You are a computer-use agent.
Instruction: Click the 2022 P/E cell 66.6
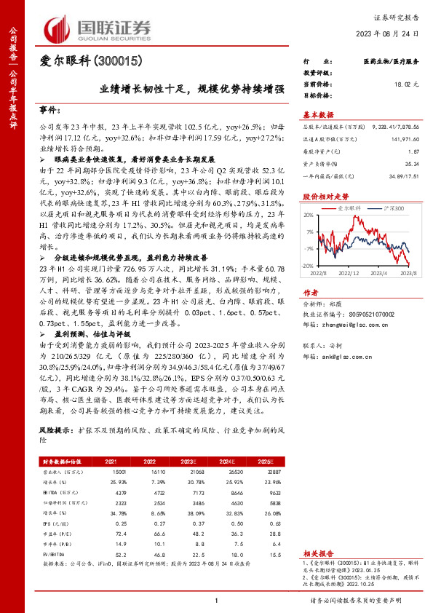tap(149, 534)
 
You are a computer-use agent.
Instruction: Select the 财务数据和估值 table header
tap(61, 461)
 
